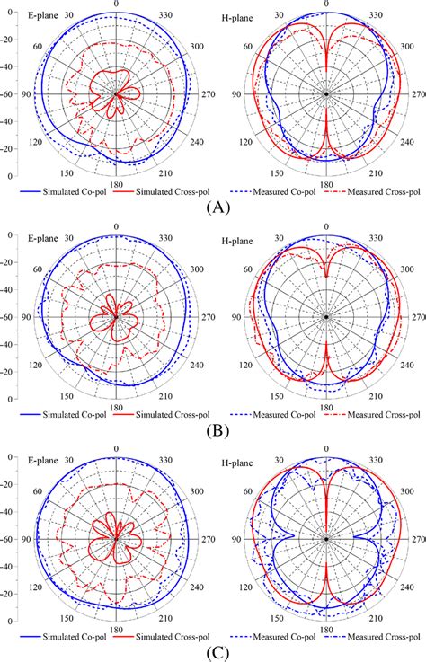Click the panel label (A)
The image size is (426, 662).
click(213, 206)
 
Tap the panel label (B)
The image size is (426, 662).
click(213, 428)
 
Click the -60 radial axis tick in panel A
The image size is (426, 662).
click(13, 93)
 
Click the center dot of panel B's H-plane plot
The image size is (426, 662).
click(326, 316)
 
